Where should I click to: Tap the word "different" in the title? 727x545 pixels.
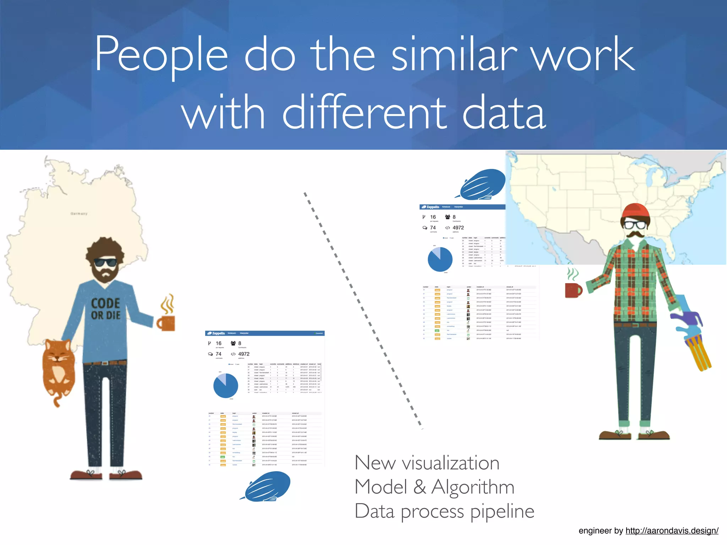[x=364, y=113]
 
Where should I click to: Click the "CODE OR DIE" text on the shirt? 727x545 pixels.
[x=105, y=309]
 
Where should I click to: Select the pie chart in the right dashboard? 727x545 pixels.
[x=440, y=259]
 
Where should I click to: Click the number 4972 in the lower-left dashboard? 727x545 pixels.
[x=244, y=354]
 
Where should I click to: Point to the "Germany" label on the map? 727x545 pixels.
[x=79, y=214]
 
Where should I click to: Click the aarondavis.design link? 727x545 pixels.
[x=672, y=530]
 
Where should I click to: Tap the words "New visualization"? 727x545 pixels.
[x=427, y=463]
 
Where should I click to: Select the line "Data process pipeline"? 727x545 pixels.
[x=444, y=511]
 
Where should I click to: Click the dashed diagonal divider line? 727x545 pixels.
[x=362, y=310]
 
